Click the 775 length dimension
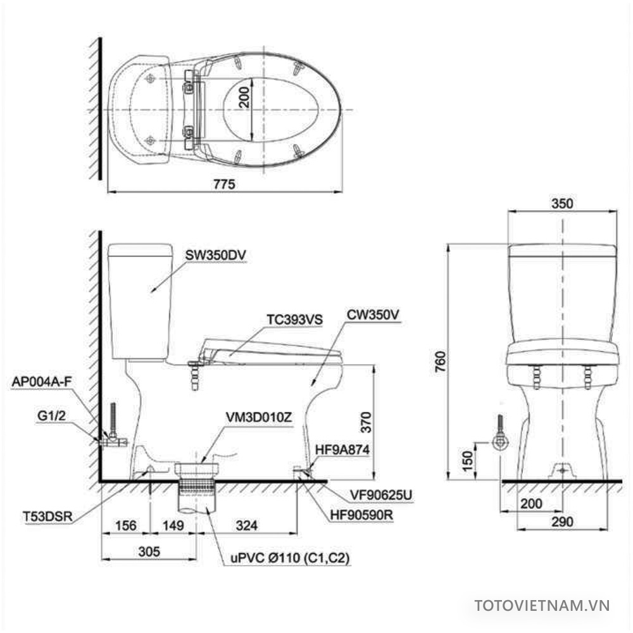(224, 184)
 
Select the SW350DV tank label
(215, 255)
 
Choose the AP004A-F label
(40, 382)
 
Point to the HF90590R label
(361, 515)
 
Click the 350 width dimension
(562, 204)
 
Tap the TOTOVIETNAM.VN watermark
(542, 605)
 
